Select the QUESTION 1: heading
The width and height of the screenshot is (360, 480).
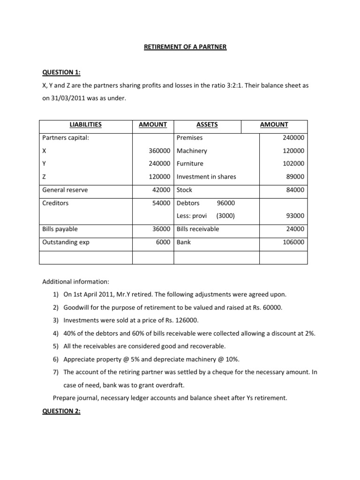point(61,72)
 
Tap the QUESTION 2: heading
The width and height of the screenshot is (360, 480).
point(61,411)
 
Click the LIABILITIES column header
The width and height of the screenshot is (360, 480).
point(85,125)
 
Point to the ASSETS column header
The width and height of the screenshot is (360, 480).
point(207,125)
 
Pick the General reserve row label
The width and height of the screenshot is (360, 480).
point(65,190)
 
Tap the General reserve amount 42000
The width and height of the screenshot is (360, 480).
point(163,190)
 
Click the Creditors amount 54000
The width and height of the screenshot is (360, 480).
point(163,203)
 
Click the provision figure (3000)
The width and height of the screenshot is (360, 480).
point(225,216)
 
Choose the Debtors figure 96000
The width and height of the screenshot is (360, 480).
point(226,203)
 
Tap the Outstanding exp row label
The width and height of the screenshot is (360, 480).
point(66,242)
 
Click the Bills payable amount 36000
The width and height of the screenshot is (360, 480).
point(163,229)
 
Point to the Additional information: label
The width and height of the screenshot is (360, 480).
point(75,282)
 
